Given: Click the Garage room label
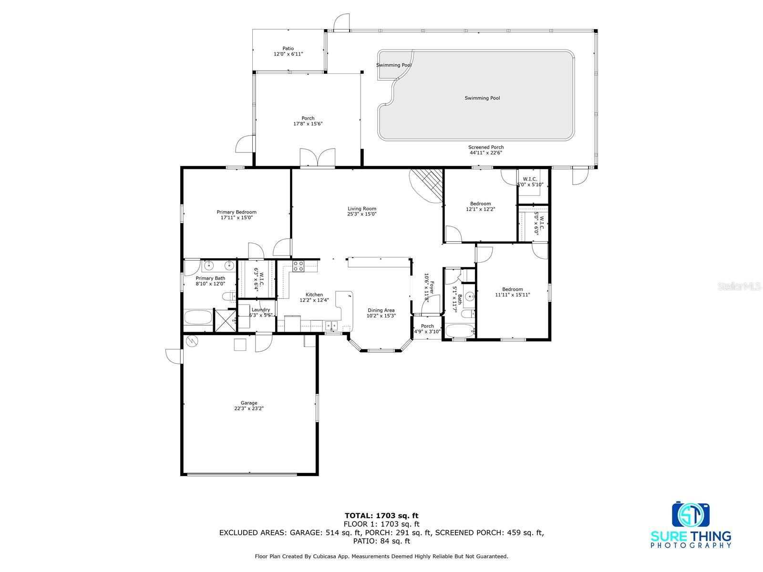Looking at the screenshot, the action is coord(248,403).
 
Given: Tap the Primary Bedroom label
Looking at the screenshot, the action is coord(237,212).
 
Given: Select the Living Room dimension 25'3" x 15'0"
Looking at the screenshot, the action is coord(361,214).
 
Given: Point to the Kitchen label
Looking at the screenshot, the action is coord(314,295).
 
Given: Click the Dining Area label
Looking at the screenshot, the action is coord(381,310).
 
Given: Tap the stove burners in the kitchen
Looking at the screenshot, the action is coord(298,266).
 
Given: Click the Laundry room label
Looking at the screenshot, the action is coord(260,309).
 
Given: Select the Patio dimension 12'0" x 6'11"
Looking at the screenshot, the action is coord(288,54).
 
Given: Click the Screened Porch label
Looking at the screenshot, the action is coord(485,147).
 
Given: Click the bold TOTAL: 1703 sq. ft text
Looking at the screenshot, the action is coord(381,515).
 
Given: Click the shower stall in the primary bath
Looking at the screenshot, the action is coord(225,320).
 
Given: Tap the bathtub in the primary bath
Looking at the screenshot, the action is coord(198,317).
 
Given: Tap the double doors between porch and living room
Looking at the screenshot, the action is coord(318,158).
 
